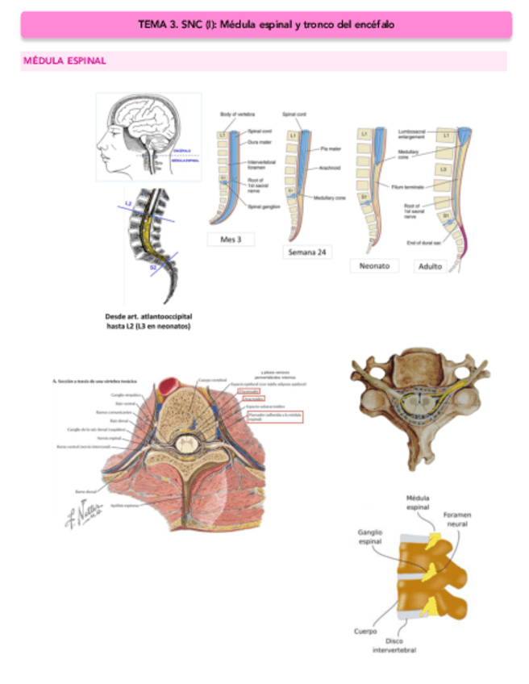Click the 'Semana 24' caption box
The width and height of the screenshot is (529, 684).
307,252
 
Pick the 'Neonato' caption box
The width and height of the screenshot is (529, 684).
374,265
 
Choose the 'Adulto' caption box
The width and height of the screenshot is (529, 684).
430,266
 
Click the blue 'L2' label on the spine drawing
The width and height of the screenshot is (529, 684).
128,203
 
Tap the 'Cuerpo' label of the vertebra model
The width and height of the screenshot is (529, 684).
365,632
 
